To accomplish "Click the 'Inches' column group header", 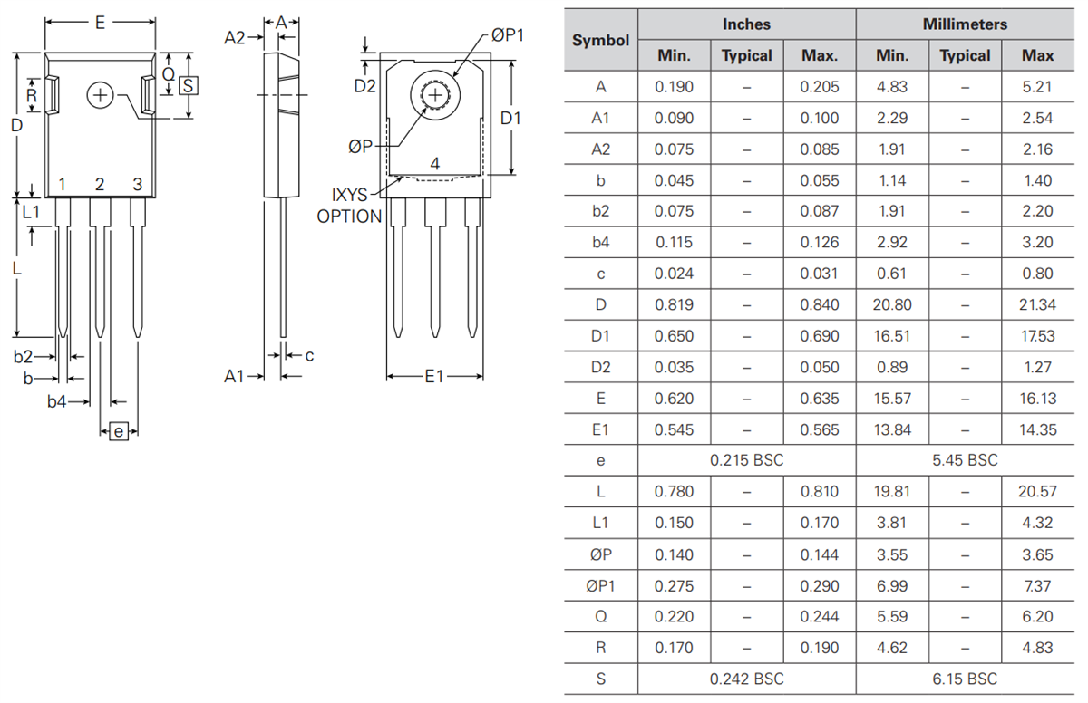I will pyautogui.click(x=746, y=24).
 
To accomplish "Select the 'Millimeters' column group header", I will pyautogui.click(x=965, y=24).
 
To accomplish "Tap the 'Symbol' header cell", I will pyautogui.click(x=600, y=40).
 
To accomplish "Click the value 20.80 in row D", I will pyautogui.click(x=892, y=304).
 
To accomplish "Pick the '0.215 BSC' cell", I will pyautogui.click(x=746, y=460).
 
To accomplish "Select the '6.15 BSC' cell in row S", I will pyautogui.click(x=965, y=679).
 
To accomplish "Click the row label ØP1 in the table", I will pyautogui.click(x=600, y=585).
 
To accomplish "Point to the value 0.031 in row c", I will pyautogui.click(x=820, y=274).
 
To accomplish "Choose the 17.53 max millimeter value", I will pyautogui.click(x=1037, y=336).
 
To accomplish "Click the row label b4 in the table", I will pyautogui.click(x=600, y=242).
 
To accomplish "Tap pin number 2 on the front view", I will pyautogui.click(x=100, y=185).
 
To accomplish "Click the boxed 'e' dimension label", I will pyautogui.click(x=119, y=432).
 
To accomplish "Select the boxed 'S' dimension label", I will pyautogui.click(x=188, y=86).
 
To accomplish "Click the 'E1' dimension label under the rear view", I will pyautogui.click(x=434, y=376).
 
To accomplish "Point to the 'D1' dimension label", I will pyautogui.click(x=511, y=119).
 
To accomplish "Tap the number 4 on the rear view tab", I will pyautogui.click(x=435, y=164).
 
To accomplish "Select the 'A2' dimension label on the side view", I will pyautogui.click(x=235, y=37).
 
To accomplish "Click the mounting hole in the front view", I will pyautogui.click(x=101, y=95).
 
